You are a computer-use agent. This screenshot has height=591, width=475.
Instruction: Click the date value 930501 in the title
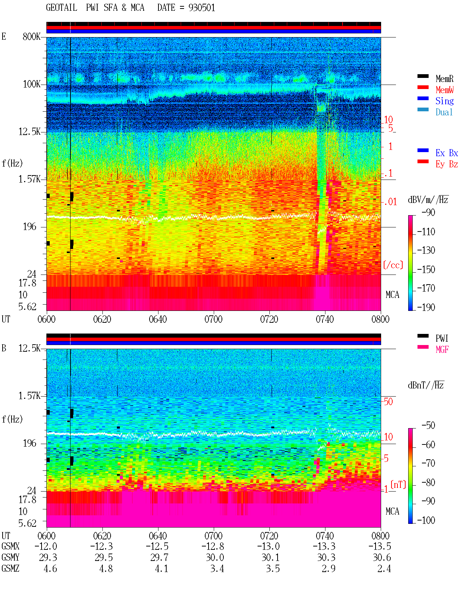[x=202, y=8]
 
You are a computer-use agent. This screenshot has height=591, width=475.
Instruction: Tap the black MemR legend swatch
[x=423, y=76]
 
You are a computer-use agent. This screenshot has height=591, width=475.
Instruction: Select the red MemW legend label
[x=445, y=90]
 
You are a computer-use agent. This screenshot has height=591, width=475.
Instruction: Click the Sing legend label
[x=444, y=101]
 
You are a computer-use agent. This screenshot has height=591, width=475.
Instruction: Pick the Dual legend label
[x=444, y=112]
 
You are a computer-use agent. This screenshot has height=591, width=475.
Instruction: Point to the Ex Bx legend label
[x=447, y=153]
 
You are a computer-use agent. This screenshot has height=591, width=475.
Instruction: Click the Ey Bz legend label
[x=447, y=164]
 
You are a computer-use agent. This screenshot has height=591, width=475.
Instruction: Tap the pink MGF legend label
[x=442, y=349]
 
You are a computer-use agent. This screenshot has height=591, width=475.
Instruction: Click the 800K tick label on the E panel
[x=32, y=36]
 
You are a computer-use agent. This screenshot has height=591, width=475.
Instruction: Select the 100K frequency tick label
[x=32, y=84]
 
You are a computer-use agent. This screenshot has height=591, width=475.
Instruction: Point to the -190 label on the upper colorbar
[x=426, y=307]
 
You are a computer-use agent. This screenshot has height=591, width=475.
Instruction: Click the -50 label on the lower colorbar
[x=428, y=426]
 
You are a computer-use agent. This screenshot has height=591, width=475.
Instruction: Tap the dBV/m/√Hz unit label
[x=428, y=199]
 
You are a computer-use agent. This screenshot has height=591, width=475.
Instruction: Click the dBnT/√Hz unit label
[x=426, y=385]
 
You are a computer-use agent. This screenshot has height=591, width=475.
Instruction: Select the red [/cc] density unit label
[x=393, y=265]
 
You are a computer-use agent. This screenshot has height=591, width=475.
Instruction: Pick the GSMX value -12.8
[x=213, y=546]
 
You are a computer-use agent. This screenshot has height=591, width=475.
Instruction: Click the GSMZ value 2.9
[x=328, y=568]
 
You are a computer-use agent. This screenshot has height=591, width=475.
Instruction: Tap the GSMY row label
[x=10, y=557]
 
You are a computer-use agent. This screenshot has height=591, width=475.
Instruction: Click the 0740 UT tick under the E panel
[x=325, y=319]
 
